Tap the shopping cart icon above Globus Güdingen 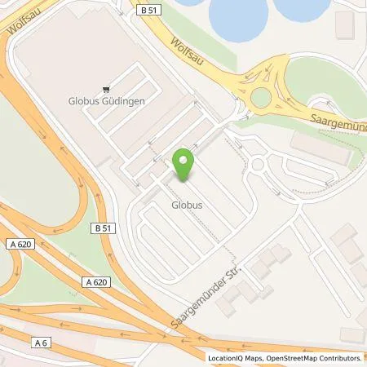104,91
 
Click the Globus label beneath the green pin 186,206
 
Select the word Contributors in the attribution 340,358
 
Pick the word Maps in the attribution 254,358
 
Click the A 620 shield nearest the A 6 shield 94,281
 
